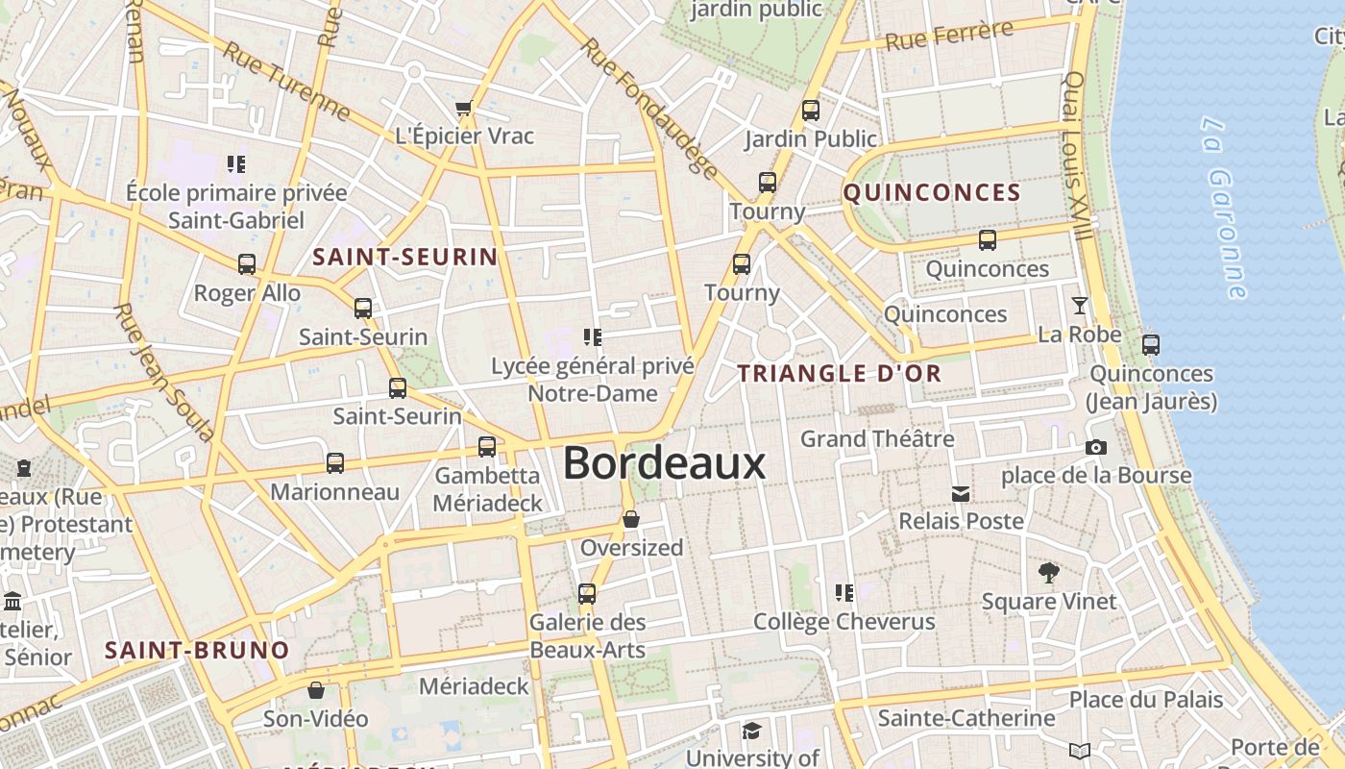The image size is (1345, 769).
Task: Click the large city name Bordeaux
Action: click(x=664, y=463)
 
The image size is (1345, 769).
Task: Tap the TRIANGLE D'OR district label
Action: click(x=839, y=374)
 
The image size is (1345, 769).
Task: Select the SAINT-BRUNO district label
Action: click(x=197, y=651)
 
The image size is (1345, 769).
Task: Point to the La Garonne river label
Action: click(x=1224, y=207)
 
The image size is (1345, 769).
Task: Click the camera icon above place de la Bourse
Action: click(x=1095, y=447)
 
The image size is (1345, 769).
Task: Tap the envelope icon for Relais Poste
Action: click(x=960, y=494)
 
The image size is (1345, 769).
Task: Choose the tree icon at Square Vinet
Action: click(x=1048, y=573)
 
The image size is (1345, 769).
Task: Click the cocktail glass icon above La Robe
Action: click(x=1080, y=306)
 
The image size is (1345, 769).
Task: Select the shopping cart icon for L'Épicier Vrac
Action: click(x=464, y=108)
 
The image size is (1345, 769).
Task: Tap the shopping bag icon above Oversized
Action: click(x=631, y=519)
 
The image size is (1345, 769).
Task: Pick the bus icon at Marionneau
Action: click(x=334, y=463)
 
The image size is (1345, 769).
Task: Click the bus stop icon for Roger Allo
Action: click(x=247, y=264)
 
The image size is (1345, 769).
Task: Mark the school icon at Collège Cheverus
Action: click(x=844, y=593)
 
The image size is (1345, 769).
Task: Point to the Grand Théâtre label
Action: click(x=877, y=439)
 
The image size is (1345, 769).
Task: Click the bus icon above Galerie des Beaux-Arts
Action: click(x=587, y=594)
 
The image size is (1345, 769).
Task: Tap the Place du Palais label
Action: click(x=1146, y=699)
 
